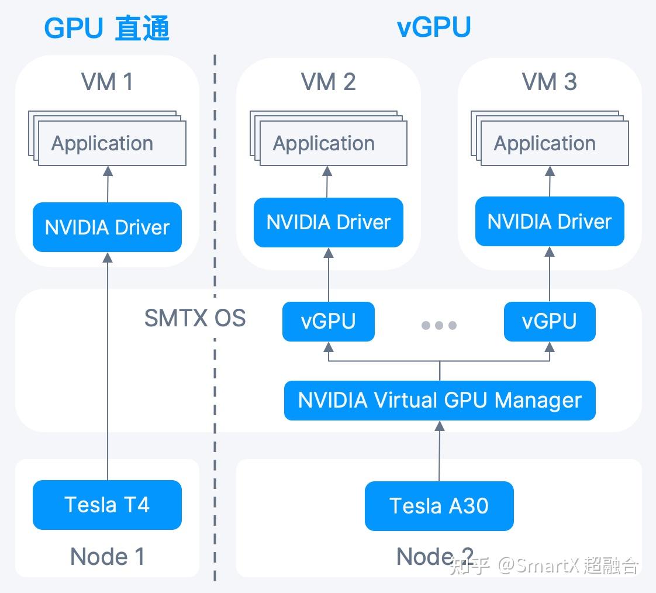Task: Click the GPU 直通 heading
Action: pos(106,28)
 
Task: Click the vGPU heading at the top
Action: pos(434,27)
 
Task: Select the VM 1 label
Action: pos(107,81)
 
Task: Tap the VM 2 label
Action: pos(329,81)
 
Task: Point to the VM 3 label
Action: pos(550,81)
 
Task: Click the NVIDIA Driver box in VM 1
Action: pos(107,227)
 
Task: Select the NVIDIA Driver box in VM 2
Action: pos(329,222)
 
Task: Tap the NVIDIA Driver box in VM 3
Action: pos(550,222)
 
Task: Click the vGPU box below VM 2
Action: pos(329,322)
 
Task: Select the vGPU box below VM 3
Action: pos(550,322)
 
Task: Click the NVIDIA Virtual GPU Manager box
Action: pos(440,401)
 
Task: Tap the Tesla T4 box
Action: pos(107,505)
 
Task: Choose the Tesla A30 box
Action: pos(439,506)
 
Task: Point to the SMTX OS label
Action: pos(195,318)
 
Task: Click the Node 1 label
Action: pos(108,557)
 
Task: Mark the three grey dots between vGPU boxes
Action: pos(439,325)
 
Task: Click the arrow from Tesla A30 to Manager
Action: pos(439,451)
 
